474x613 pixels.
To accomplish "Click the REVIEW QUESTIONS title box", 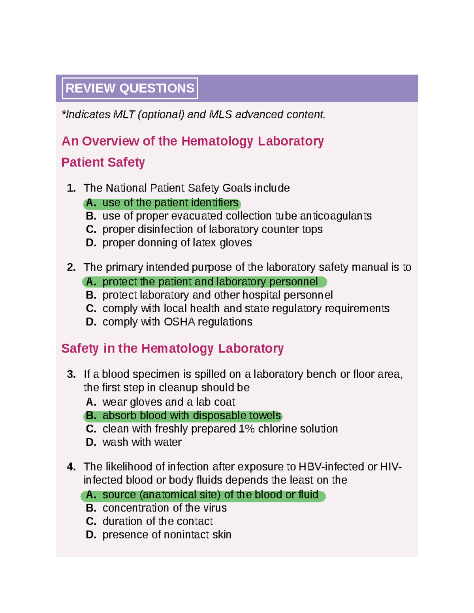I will pyautogui.click(x=130, y=88).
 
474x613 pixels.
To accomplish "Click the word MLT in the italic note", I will pyautogui.click(x=124, y=114).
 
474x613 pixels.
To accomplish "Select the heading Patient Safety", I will pyautogui.click(x=103, y=162).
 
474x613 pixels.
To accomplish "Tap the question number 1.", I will pyautogui.click(x=71, y=188).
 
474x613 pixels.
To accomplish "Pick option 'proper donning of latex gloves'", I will pyautogui.click(x=177, y=242).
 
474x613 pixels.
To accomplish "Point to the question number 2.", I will pyautogui.click(x=71, y=267).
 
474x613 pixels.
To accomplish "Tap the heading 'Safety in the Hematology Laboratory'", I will pyautogui.click(x=172, y=348).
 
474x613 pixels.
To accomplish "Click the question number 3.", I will pyautogui.click(x=71, y=374).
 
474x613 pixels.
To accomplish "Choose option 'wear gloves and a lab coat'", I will pyautogui.click(x=168, y=402).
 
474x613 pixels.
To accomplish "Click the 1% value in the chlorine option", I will pyautogui.click(x=247, y=429).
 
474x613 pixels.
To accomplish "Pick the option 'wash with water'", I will pyautogui.click(x=142, y=442).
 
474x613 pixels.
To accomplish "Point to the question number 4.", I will pyautogui.click(x=71, y=467).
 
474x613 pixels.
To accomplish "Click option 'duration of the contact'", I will pyautogui.click(x=157, y=521).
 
